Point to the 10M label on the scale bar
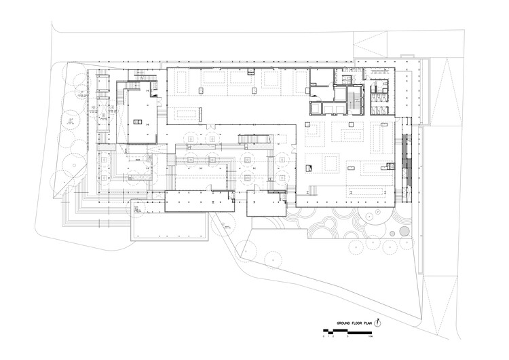[370, 337]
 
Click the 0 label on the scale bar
[324, 337]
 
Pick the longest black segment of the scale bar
[359, 333]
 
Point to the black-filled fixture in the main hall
[309, 167]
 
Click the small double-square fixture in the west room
[137, 122]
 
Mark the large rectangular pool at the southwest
[169, 227]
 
